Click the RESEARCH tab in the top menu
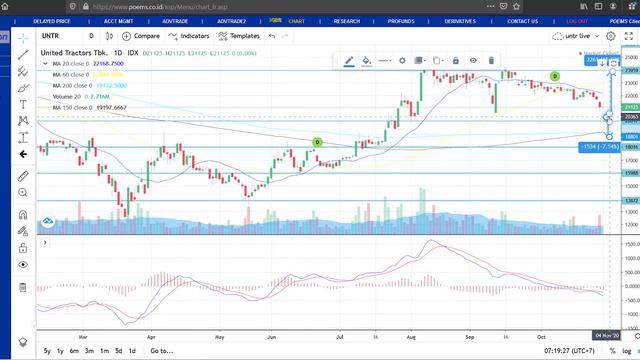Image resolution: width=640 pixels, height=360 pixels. [x=347, y=20]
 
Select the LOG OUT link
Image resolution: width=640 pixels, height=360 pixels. [x=577, y=20]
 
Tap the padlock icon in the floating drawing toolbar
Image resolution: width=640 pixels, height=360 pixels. [x=455, y=60]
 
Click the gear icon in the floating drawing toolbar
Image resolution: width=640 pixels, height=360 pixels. [x=402, y=60]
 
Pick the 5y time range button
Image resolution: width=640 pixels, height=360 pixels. [x=47, y=352]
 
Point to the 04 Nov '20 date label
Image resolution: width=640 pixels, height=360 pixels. [x=610, y=335]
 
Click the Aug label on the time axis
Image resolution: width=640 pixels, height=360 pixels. [x=410, y=337]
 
